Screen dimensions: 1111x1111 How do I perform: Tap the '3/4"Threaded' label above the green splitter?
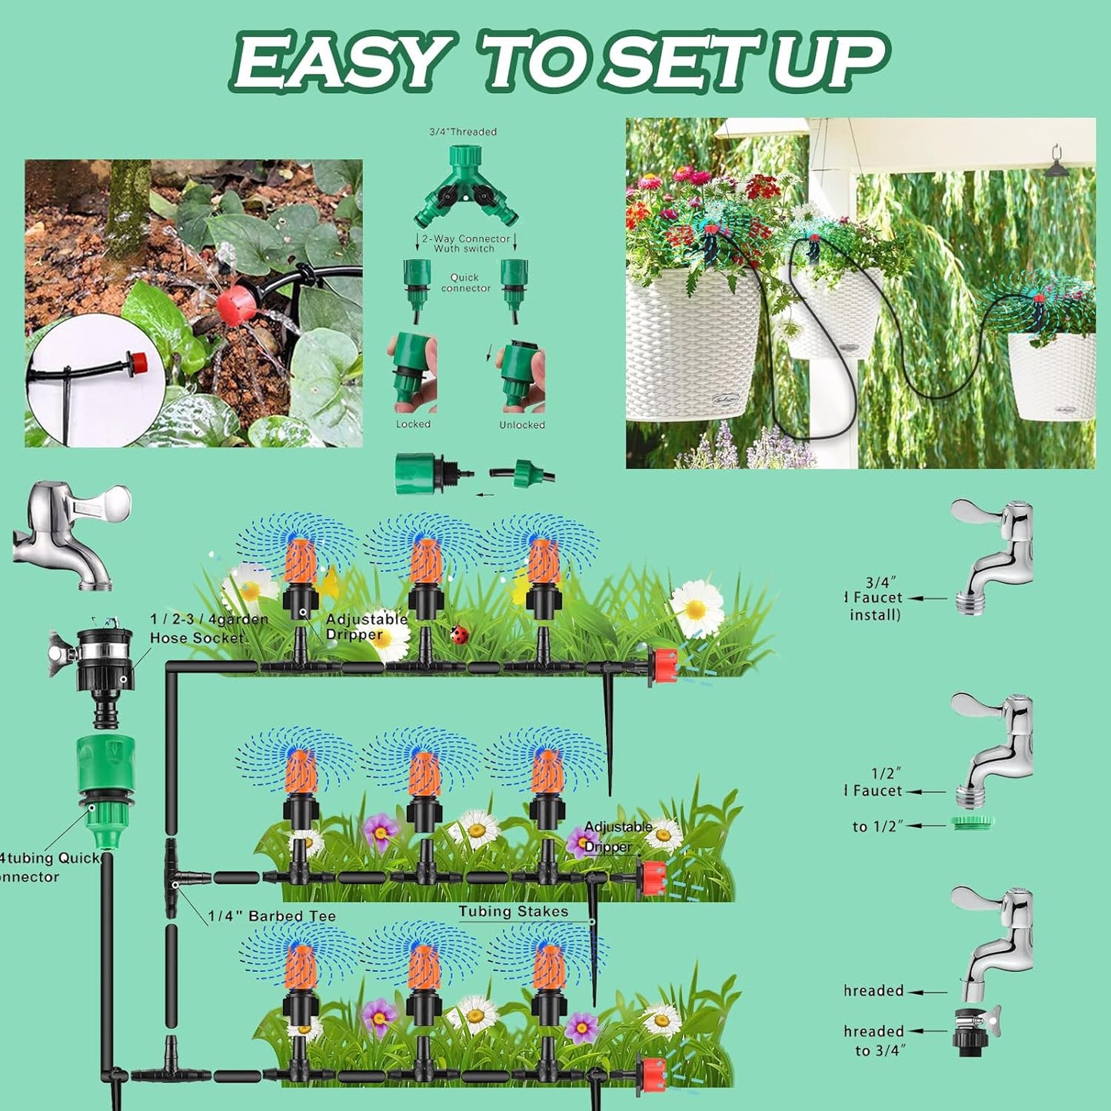pos(463,132)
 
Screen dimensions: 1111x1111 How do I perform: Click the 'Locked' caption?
pos(413,424)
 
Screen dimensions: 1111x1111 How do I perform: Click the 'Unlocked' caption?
pos(522,425)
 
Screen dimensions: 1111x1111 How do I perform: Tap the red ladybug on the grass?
pos(460,634)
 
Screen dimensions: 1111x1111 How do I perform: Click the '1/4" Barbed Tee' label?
pos(271,916)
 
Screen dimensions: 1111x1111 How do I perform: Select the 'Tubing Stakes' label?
pos(514,912)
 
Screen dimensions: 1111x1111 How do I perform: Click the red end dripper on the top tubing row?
pos(663,667)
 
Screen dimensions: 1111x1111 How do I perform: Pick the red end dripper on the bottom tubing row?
pos(652,1073)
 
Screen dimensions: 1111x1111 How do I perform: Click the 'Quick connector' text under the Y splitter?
pos(465,283)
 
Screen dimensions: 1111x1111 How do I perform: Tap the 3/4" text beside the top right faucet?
pos(881,584)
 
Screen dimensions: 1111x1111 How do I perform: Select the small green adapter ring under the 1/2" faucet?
pos(972,823)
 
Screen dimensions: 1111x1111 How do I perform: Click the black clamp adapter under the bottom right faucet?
pos(972,1029)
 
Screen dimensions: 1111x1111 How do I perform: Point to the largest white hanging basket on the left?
pos(692,346)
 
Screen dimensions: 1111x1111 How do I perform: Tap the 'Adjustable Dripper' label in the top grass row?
pos(365,627)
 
